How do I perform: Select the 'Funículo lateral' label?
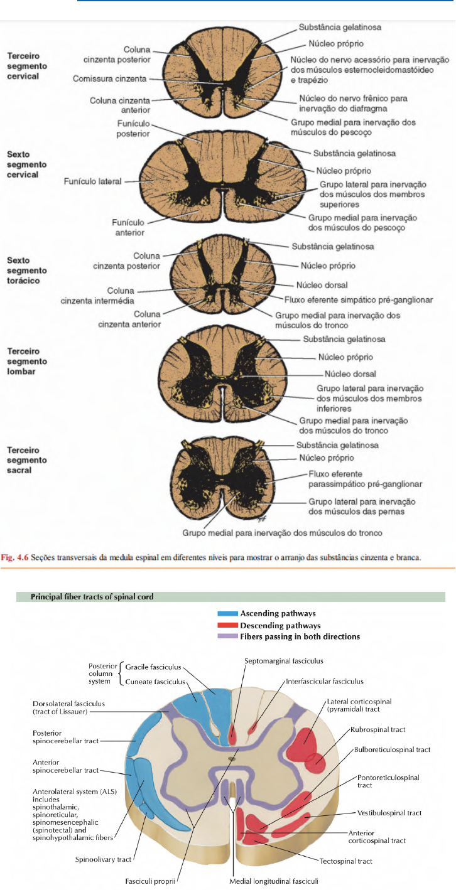click(92, 181)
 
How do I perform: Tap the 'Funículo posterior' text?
click(133, 129)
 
